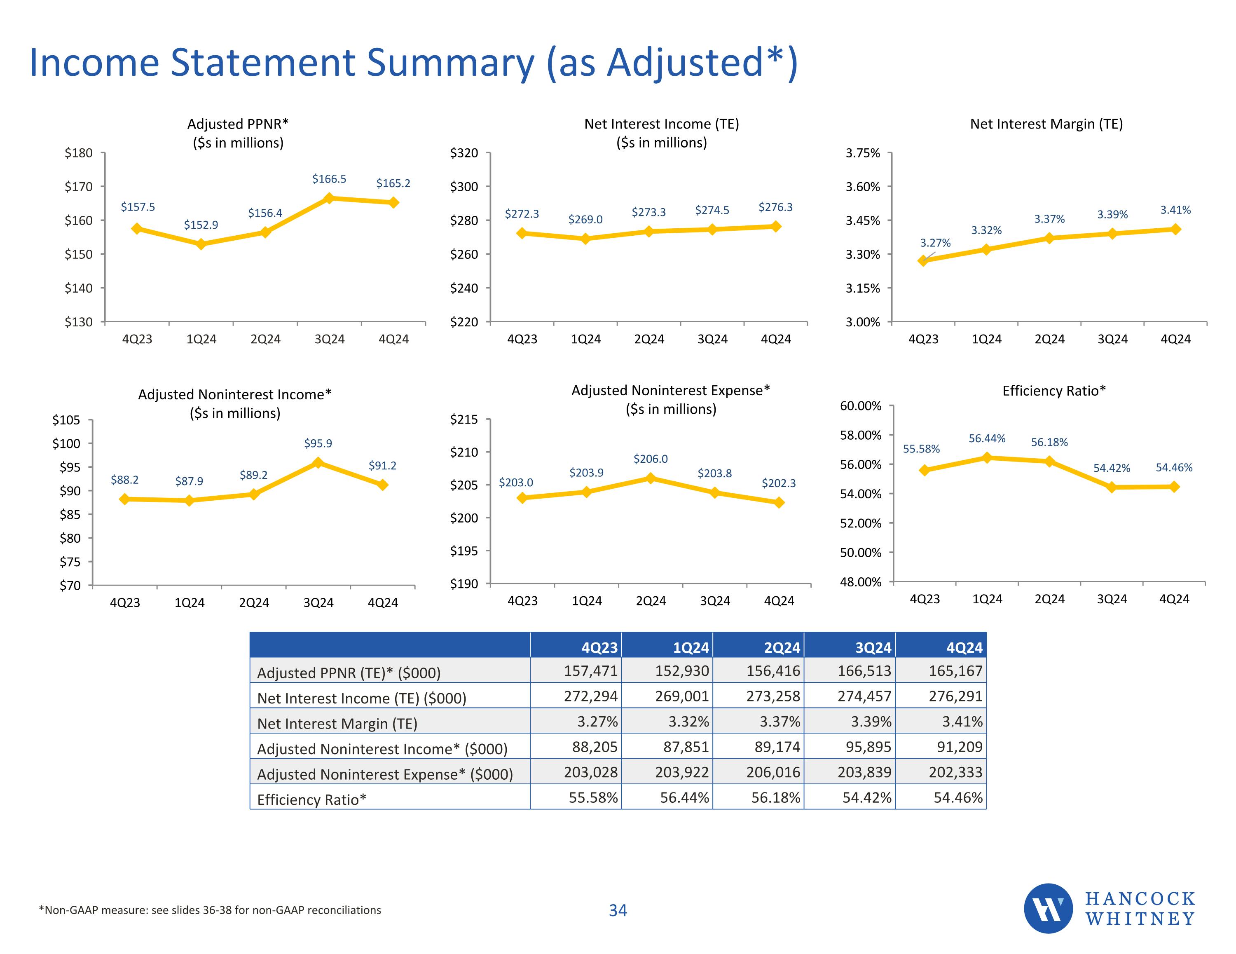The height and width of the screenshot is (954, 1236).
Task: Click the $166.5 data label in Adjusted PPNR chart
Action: (x=329, y=179)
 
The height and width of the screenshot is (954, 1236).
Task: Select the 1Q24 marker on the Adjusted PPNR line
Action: (x=201, y=244)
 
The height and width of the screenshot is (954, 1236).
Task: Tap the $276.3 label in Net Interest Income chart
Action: (x=775, y=207)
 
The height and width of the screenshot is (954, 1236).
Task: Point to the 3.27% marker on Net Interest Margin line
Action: (x=923, y=260)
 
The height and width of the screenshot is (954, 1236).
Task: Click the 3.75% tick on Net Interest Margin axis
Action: (x=862, y=153)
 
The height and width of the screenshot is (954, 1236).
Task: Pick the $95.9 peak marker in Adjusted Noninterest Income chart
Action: (x=318, y=462)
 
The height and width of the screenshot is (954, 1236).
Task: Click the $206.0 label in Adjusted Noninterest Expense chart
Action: (x=650, y=459)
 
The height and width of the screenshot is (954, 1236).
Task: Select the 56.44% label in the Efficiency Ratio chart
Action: (x=987, y=438)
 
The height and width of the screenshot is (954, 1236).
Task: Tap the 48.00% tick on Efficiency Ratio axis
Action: (x=860, y=582)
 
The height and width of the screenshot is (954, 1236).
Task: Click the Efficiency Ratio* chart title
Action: (x=1054, y=391)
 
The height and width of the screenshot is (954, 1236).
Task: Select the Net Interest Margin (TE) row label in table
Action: (x=337, y=724)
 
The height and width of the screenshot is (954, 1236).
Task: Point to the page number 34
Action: (x=618, y=910)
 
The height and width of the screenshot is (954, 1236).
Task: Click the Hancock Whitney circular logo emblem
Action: (x=1048, y=908)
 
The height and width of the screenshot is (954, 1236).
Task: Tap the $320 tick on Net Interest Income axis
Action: (x=464, y=153)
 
